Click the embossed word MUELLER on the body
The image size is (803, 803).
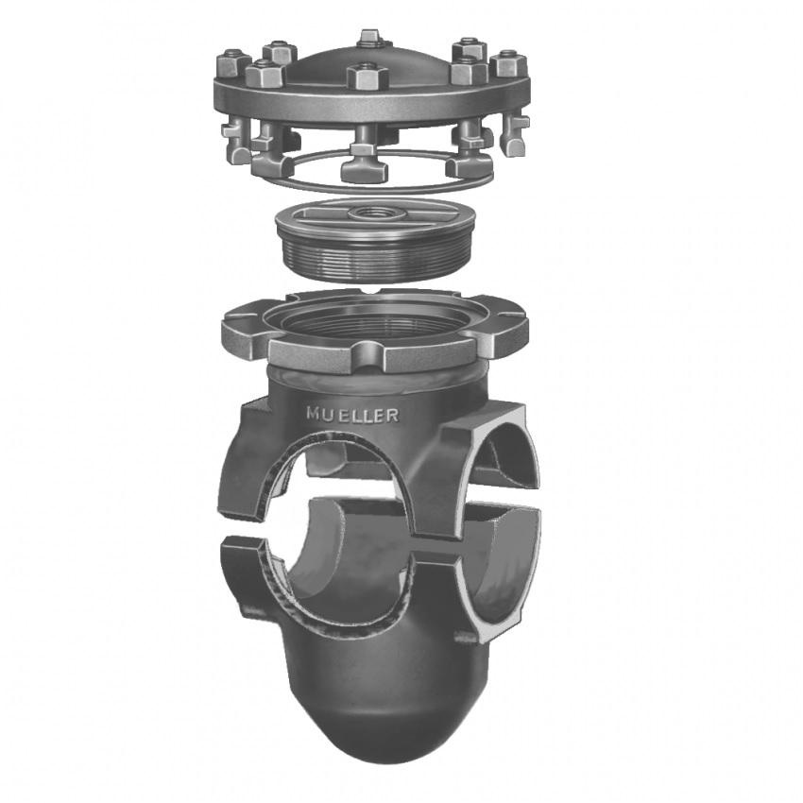[x=352, y=415]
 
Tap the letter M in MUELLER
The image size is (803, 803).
[x=314, y=413]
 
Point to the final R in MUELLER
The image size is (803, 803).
[x=392, y=416]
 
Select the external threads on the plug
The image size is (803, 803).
[x=375, y=262]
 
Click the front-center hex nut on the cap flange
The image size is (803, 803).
[x=367, y=76]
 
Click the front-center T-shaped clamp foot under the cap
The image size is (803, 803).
[x=364, y=162]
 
